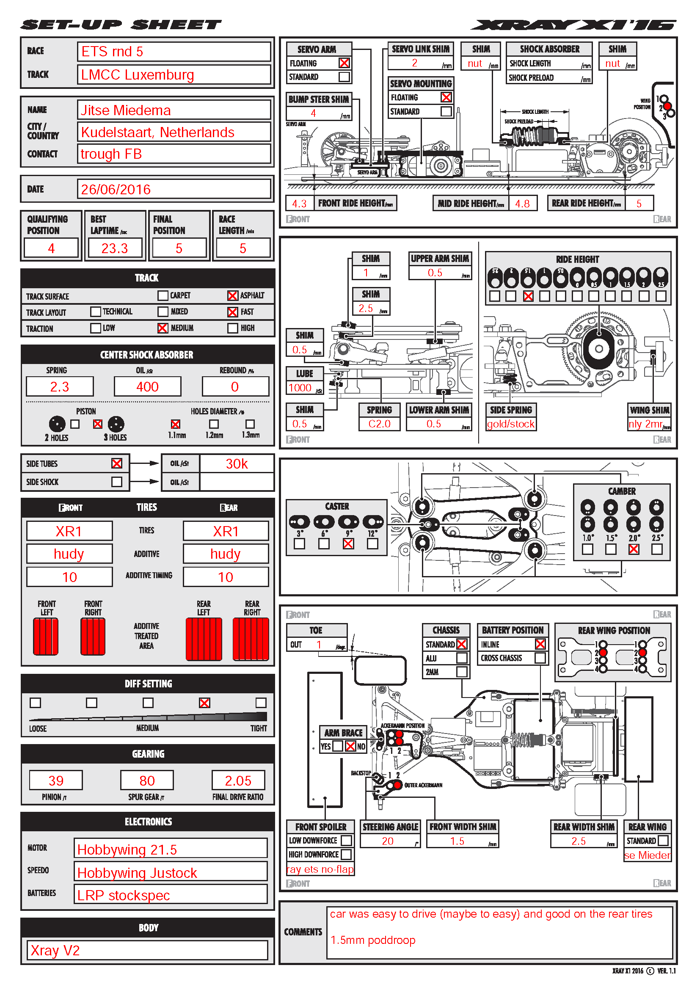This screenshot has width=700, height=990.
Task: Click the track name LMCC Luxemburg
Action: [138, 75]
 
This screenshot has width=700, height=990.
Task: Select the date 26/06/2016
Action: [116, 189]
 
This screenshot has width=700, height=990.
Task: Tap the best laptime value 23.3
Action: [115, 248]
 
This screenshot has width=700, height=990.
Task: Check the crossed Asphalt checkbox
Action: [232, 295]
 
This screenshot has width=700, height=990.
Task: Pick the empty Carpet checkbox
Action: [163, 295]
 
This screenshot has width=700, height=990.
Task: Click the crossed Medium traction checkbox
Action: [163, 328]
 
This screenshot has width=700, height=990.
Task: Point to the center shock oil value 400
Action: [147, 387]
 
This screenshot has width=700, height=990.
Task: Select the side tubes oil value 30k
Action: [237, 464]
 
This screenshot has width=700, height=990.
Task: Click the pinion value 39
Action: [56, 780]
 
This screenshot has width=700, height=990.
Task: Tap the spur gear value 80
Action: [147, 780]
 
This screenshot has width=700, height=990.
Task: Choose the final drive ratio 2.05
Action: [238, 780]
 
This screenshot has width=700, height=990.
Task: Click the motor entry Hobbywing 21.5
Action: [127, 849]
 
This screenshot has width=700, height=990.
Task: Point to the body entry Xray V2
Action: [55, 950]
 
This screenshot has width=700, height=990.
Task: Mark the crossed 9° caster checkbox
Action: [348, 544]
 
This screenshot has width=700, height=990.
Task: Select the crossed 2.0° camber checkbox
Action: [634, 549]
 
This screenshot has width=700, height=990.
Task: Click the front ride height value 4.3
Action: [299, 204]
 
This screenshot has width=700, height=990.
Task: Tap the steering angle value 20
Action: [388, 841]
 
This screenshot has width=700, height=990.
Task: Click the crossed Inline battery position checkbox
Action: [540, 644]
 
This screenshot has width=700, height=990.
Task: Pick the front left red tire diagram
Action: [46, 637]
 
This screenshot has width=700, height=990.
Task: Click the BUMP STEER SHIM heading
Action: [319, 99]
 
